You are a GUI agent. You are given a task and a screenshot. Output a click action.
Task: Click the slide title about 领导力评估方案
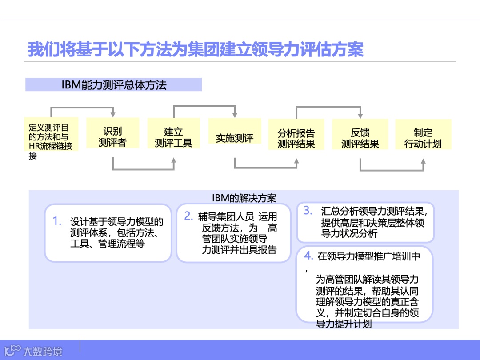196,49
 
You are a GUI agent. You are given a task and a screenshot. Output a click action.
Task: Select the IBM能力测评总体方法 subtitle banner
113,84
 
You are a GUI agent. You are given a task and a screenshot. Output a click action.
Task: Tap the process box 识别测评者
112,137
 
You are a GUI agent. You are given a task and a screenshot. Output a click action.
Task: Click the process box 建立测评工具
173,137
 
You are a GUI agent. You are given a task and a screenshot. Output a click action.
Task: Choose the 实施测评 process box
235,138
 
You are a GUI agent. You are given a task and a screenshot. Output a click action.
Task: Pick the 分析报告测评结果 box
296,138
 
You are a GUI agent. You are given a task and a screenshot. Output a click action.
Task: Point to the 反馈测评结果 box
360,138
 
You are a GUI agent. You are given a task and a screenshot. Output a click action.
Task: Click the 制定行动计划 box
423,138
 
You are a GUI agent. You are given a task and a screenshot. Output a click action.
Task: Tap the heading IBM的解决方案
244,197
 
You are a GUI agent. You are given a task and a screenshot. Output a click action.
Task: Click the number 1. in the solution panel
57,221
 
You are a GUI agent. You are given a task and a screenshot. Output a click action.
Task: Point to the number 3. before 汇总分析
308,211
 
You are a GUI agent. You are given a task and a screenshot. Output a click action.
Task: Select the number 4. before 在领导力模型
308,256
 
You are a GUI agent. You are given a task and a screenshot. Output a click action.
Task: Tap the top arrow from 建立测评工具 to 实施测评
204,107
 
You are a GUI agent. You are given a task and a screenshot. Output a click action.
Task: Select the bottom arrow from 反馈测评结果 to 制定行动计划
392,170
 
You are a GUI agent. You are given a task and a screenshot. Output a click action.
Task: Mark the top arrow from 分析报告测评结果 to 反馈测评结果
328,107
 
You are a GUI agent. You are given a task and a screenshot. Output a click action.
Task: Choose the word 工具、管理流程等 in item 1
107,244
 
